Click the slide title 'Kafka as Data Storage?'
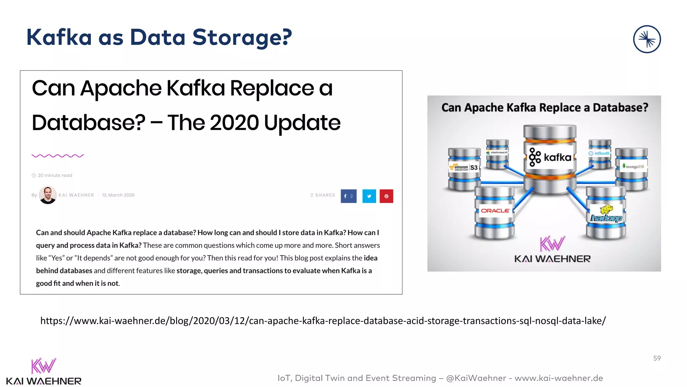159,37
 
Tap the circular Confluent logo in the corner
647,39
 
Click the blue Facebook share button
349,196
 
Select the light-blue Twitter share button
369,196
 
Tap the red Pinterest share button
386,196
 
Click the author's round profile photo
48,195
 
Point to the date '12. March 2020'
118,195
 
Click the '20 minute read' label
55,175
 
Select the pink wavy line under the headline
58,156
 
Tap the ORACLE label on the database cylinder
495,211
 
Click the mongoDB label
633,166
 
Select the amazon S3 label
464,167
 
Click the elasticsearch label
497,153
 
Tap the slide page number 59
657,358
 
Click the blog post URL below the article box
323,321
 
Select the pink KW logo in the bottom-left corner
44,366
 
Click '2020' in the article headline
234,123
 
